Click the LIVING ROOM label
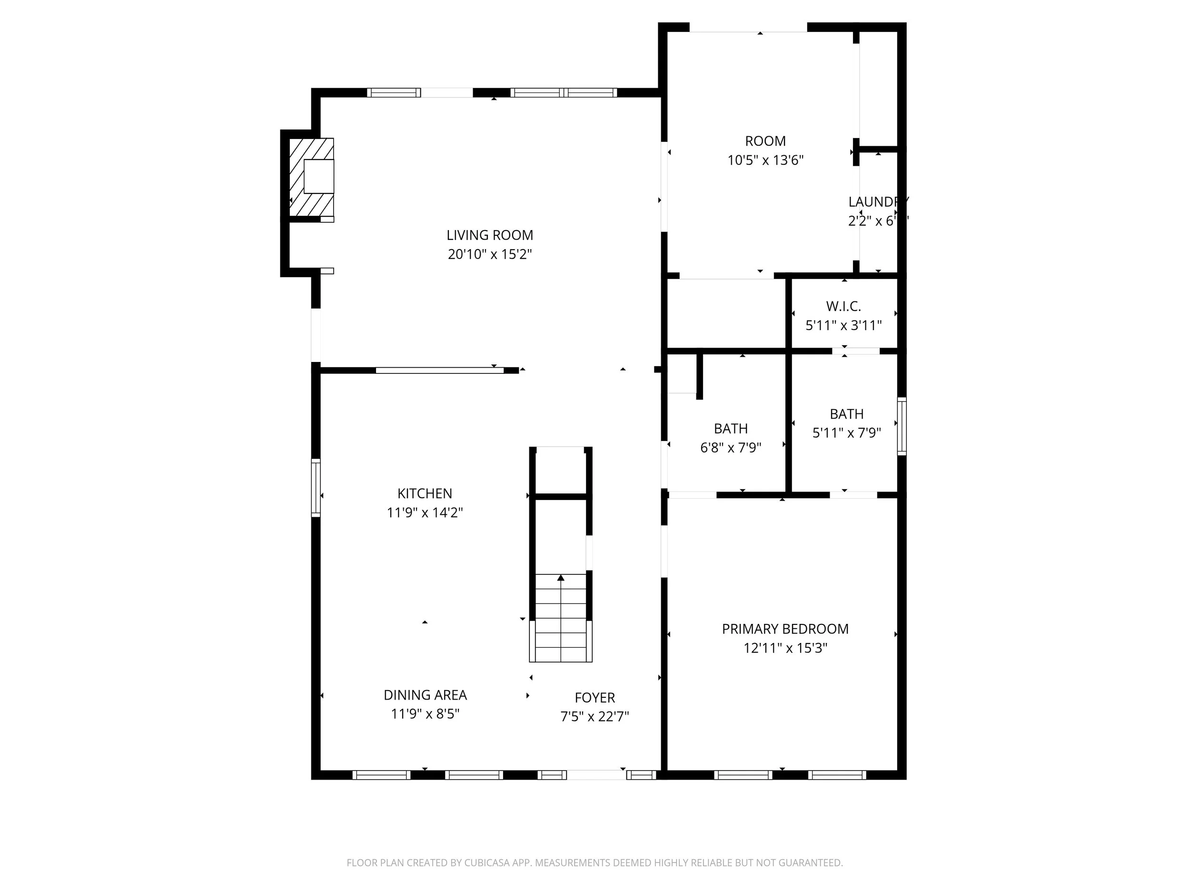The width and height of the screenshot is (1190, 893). (489, 235)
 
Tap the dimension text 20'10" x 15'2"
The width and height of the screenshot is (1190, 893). (489, 254)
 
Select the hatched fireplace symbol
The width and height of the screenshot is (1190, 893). (311, 178)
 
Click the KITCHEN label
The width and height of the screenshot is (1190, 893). (425, 493)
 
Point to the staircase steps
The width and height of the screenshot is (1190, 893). (561, 619)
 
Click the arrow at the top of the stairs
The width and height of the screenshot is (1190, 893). (561, 578)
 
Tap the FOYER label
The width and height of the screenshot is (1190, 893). (595, 698)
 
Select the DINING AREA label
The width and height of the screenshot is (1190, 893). (425, 695)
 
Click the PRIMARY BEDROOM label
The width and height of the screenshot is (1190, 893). (785, 629)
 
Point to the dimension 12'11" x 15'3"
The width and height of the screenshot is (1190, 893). (785, 648)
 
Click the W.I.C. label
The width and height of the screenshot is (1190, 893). (843, 306)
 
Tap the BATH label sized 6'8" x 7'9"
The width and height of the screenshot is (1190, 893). (731, 429)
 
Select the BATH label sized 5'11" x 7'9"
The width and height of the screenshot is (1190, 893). (846, 414)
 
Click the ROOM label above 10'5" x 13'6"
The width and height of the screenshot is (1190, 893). (765, 141)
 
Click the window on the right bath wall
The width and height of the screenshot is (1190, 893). (902, 426)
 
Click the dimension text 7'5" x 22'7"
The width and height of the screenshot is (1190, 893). (595, 716)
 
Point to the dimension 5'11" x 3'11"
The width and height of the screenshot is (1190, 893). (843, 325)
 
